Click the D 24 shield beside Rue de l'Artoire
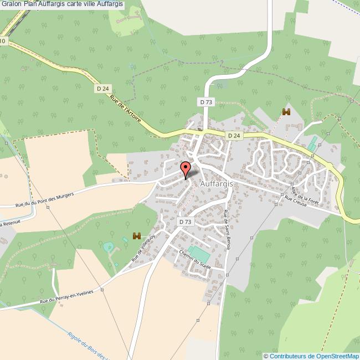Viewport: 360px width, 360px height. (102, 88)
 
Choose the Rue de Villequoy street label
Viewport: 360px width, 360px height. (143, 248)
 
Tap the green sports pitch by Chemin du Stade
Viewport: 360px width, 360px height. (197, 253)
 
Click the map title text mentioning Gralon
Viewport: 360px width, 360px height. (62, 4)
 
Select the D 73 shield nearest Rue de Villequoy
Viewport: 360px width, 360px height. (186, 222)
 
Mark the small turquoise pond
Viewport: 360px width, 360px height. (109, 246)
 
